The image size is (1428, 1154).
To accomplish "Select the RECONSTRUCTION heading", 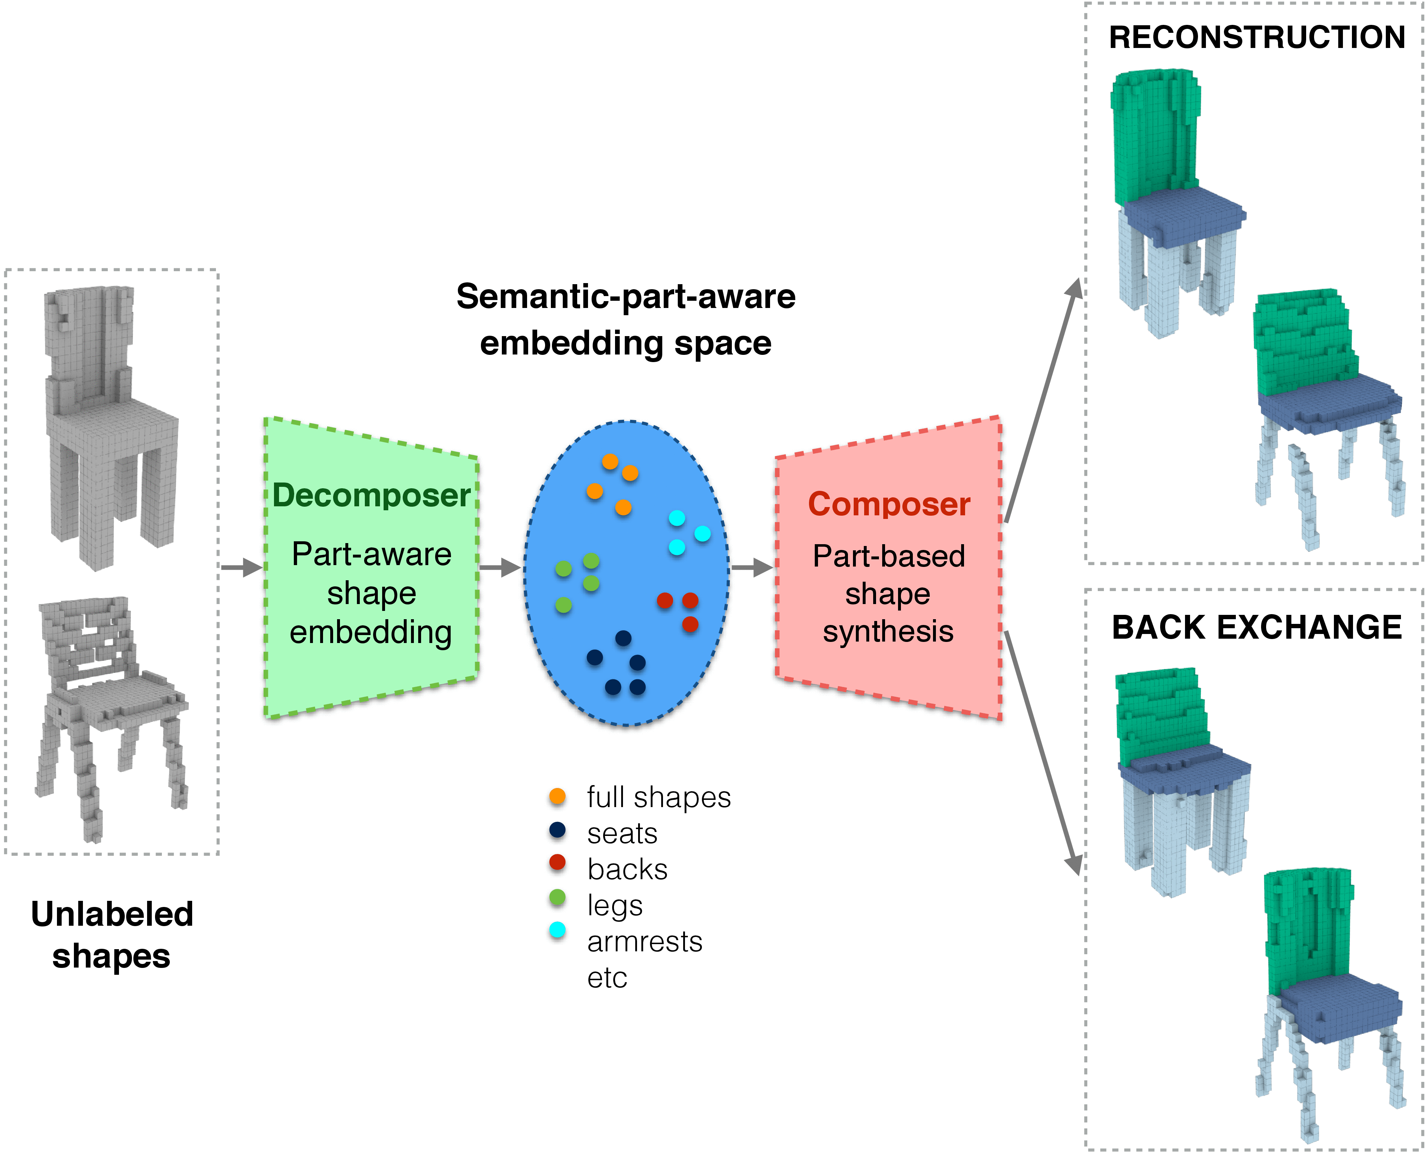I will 1256,37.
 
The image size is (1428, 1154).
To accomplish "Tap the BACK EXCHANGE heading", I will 1256,627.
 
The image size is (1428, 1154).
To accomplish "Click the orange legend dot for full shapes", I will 557,796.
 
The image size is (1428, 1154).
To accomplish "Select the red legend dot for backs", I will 557,863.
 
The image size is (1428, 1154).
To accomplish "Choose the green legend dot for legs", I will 557,898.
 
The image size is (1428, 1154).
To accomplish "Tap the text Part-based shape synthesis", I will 888,594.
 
